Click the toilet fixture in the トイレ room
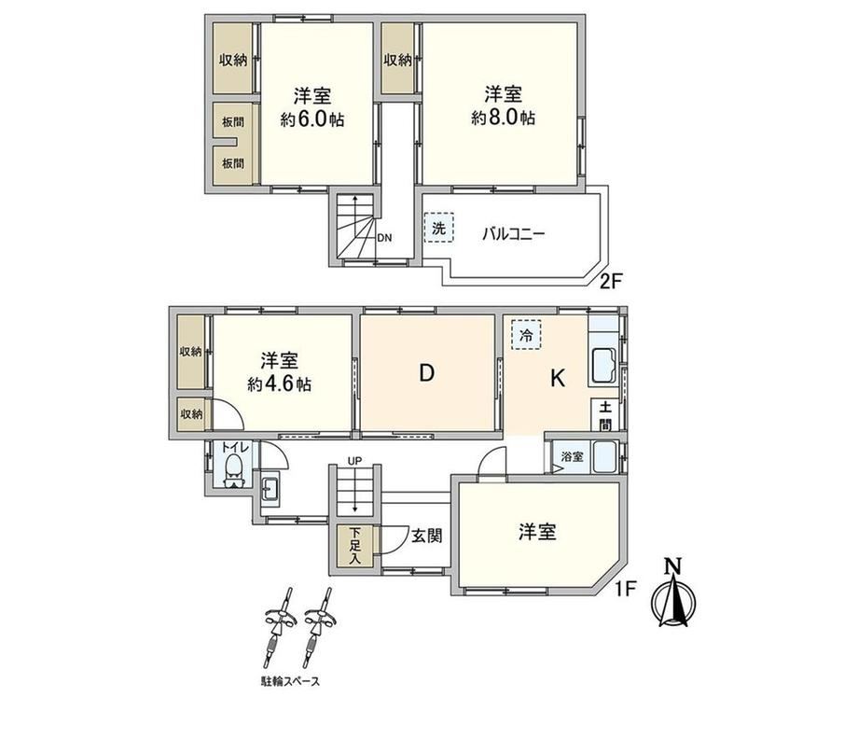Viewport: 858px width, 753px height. pos(234,471)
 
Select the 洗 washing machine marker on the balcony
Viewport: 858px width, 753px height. pos(439,228)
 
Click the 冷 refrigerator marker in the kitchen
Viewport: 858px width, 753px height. pos(526,335)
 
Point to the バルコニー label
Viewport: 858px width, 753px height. pos(513,234)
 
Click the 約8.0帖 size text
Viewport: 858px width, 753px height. pos(503,118)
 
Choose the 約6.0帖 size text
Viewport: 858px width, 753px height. pos(311,119)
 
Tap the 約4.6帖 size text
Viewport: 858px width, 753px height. pos(279,383)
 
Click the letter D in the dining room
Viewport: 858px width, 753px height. pos(427,373)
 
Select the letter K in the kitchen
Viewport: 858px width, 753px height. pos(557,378)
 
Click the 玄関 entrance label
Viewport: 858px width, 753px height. pos(427,536)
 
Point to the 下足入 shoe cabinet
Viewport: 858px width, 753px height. pos(355,546)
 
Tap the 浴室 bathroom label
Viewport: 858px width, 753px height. pos(573,456)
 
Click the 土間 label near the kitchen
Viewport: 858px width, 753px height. pos(605,415)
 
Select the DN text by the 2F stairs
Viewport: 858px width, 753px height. pos(384,238)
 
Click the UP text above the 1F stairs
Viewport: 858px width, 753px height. pos(354,461)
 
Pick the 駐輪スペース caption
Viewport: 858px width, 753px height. pos(290,682)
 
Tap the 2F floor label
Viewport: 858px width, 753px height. pos(611,282)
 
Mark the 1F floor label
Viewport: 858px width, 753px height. pos(625,590)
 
